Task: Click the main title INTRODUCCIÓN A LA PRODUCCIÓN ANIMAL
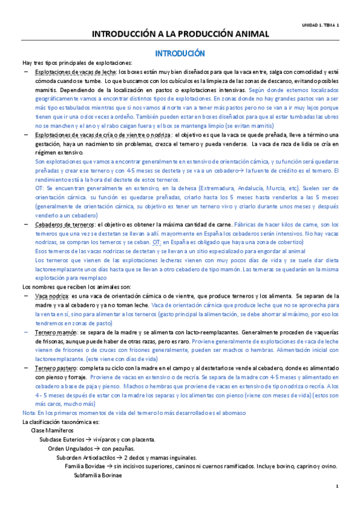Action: (x=180, y=35)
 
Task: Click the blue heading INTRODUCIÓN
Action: (x=180, y=53)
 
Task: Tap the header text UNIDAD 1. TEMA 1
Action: (x=320, y=25)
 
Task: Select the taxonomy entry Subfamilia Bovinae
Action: (x=97, y=475)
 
